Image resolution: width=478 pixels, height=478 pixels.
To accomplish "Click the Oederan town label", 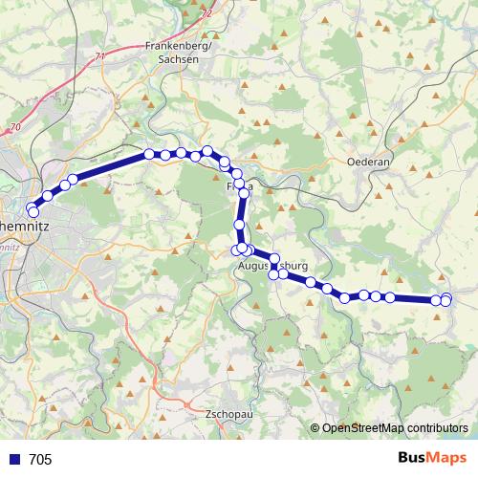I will (x=370, y=163).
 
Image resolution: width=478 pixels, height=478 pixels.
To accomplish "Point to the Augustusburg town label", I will (x=273, y=265).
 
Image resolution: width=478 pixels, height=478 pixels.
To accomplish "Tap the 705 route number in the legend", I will (x=40, y=460).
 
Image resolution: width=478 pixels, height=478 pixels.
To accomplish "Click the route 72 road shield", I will (x=207, y=13).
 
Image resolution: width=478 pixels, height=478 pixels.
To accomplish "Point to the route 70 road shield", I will (x=14, y=127).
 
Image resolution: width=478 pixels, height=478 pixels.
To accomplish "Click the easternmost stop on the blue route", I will (x=445, y=301).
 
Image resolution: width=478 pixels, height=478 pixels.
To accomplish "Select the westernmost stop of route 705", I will (x=33, y=210).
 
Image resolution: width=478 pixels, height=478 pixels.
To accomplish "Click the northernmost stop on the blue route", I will (x=206, y=150).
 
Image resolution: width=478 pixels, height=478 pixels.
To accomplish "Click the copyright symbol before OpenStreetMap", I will (x=315, y=428).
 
